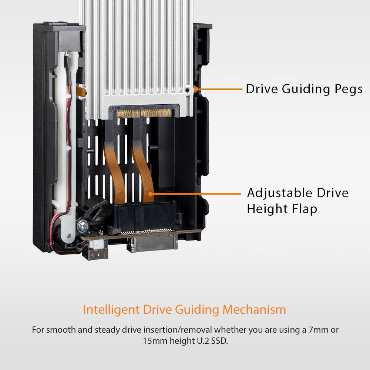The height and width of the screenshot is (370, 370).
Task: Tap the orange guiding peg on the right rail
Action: pyautogui.click(x=195, y=89)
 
